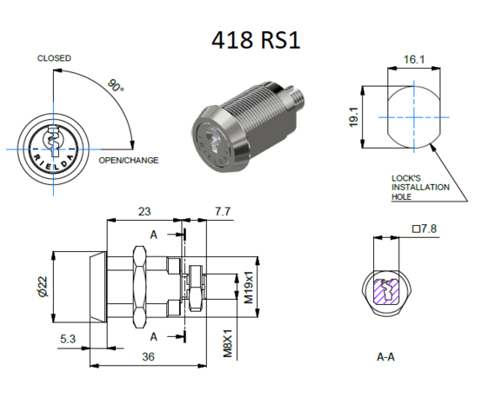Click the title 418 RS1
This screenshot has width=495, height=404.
pos(256,40)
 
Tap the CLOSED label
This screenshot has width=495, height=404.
pos(54,58)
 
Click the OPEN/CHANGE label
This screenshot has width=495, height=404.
pos(129,161)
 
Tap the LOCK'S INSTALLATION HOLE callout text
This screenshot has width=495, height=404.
pos(420,187)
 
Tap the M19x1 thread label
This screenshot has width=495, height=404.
pos(248,288)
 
